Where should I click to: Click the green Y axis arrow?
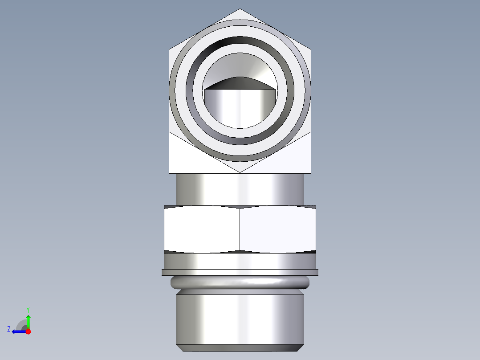tap(28, 320)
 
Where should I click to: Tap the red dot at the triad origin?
tap(28, 331)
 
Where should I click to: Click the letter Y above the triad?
tap(28, 309)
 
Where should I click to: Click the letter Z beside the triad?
tap(9, 329)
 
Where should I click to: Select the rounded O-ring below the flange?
tap(240, 282)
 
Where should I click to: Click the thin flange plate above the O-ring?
tap(240, 272)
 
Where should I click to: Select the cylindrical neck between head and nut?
tap(240, 189)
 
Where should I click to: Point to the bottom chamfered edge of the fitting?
tap(240, 348)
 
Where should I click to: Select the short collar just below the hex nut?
tap(240, 261)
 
